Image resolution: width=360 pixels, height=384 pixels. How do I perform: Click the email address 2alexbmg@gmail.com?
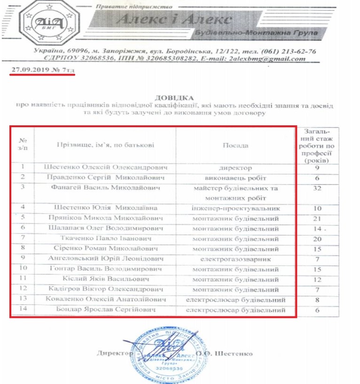click(273, 59)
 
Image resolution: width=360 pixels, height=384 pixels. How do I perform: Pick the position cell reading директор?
click(235, 168)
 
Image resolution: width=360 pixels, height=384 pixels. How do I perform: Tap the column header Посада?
click(235, 145)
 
